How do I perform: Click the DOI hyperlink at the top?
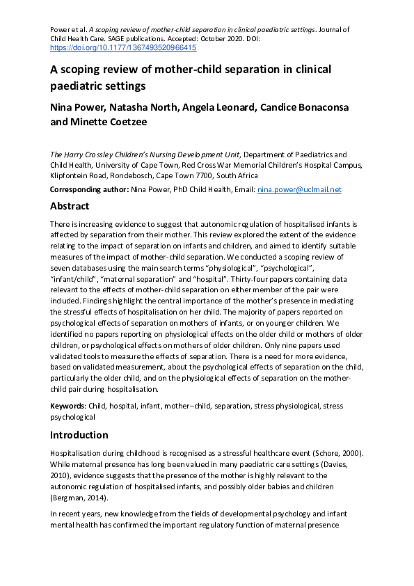(x=123, y=48)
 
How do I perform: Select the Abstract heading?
(x=70, y=206)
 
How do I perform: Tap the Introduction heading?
(x=79, y=435)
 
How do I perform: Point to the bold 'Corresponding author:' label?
(x=89, y=189)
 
